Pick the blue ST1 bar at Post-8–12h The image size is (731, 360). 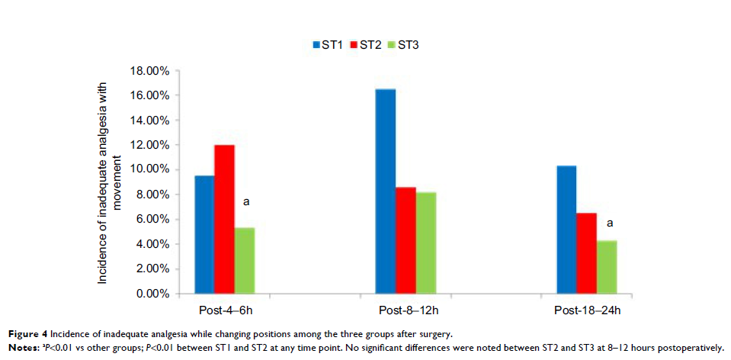click(386, 191)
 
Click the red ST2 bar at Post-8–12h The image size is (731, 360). click(406, 240)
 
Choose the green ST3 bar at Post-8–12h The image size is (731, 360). click(426, 243)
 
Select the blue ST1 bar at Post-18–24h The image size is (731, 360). click(566, 230)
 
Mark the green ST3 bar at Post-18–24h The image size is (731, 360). click(607, 267)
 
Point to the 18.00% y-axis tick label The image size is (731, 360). click(149, 71)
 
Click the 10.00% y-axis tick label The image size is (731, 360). click(149, 170)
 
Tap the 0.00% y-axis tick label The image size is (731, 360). click(152, 294)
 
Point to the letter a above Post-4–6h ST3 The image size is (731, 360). click(245, 203)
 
